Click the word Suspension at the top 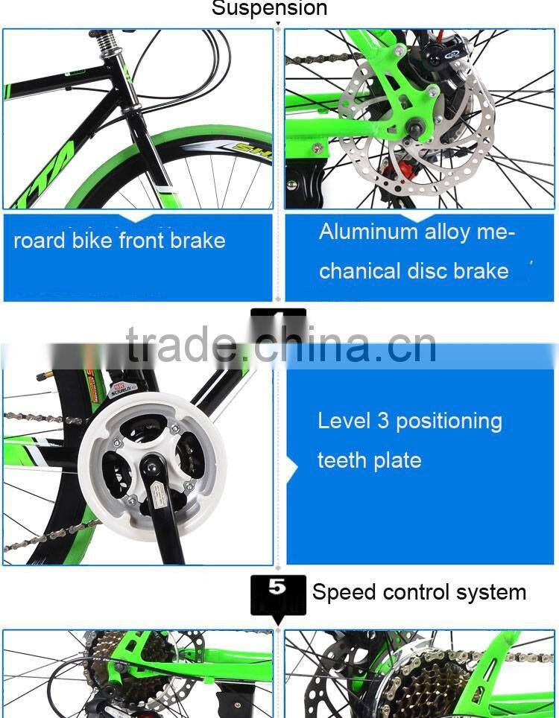click(x=269, y=9)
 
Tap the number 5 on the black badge click(x=277, y=587)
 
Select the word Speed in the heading click(x=344, y=593)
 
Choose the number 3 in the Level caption click(x=382, y=421)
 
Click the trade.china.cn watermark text click(x=281, y=346)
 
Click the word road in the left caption click(x=40, y=241)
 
